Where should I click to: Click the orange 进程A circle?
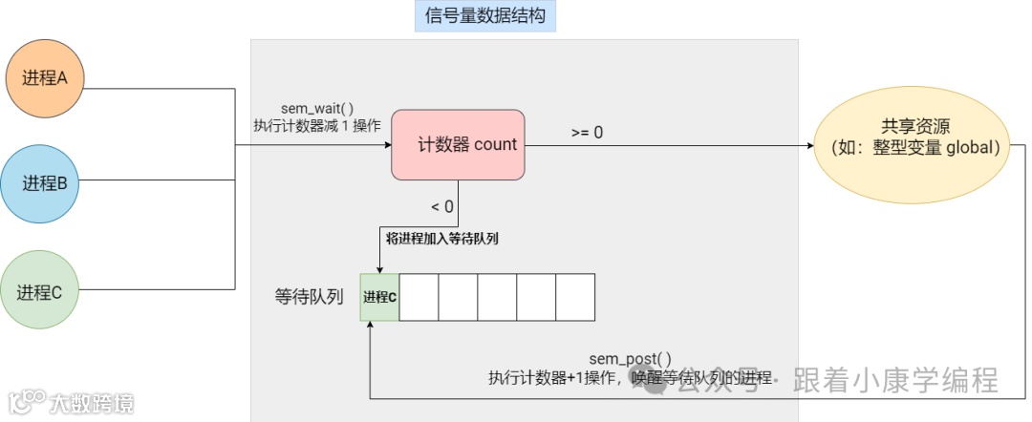click(46, 79)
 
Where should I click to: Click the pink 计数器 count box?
click(458, 145)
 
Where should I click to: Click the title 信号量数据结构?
click(484, 16)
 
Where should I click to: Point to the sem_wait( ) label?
click(317, 109)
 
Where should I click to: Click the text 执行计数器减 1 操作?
click(317, 126)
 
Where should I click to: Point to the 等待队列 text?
click(308, 297)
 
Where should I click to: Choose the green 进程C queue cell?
click(379, 297)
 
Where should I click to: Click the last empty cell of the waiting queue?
click(574, 297)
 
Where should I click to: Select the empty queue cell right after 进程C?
click(419, 297)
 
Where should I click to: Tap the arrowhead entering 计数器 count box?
click(386, 145)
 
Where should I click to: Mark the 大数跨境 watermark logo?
click(72, 402)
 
